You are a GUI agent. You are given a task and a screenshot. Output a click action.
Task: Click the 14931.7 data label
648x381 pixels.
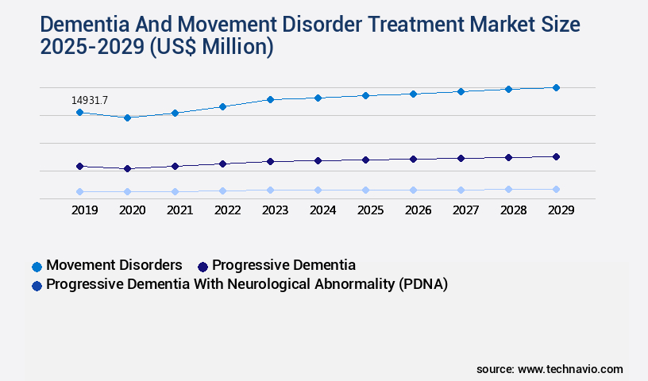[x=89, y=100]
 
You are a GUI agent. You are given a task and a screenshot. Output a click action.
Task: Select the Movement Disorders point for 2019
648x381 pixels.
[x=79, y=113]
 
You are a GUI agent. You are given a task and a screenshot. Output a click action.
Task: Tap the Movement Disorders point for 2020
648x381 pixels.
[x=127, y=117]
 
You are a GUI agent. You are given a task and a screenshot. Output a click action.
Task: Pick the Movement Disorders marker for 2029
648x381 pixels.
[x=556, y=87]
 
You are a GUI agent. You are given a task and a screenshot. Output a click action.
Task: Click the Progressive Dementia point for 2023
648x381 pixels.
[x=270, y=161]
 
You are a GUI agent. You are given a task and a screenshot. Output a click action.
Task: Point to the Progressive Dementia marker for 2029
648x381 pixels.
[x=556, y=156]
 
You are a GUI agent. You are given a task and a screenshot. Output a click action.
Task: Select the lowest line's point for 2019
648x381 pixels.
[x=79, y=191]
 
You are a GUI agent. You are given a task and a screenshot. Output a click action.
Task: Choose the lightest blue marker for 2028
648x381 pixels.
[x=508, y=189]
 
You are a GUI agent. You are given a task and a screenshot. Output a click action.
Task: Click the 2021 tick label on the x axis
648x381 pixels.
[x=179, y=210]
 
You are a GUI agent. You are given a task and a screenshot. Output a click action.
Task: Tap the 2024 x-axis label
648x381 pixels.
[x=322, y=210]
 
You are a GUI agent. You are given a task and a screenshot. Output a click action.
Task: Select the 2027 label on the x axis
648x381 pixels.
[x=465, y=210]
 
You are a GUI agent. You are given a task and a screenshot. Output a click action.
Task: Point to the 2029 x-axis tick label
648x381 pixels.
[x=561, y=210]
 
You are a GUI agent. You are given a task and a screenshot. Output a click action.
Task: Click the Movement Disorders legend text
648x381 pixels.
[x=114, y=265]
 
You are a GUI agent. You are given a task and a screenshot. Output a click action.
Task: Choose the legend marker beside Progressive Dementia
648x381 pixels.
[x=202, y=266]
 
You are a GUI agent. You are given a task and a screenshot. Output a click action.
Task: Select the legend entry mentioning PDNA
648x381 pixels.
[x=247, y=284]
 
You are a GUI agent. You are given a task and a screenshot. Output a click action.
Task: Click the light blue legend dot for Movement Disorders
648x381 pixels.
[x=37, y=266]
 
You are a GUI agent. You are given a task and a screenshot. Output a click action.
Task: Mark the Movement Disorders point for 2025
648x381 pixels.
[x=365, y=95]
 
